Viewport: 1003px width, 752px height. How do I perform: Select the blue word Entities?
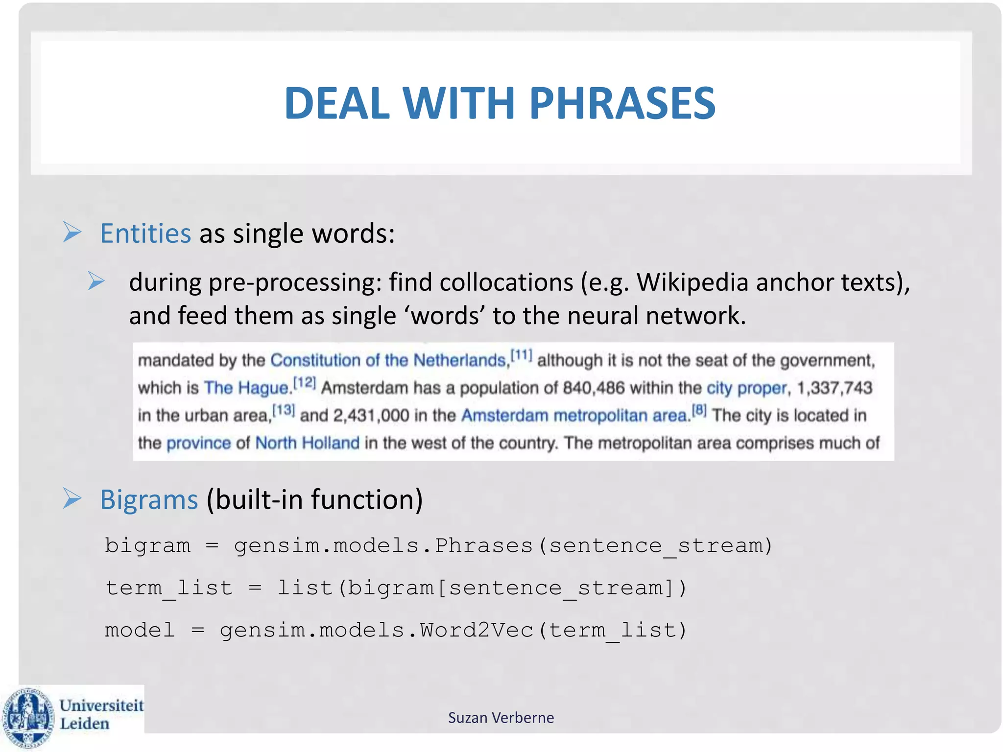(x=145, y=233)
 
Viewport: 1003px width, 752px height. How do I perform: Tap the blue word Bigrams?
(x=149, y=500)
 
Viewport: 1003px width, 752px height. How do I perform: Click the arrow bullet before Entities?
(x=72, y=232)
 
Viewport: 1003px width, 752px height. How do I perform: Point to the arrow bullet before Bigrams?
(x=72, y=498)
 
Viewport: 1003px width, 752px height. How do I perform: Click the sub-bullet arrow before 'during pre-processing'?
(x=96, y=281)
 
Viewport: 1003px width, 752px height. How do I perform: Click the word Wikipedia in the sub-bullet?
(x=693, y=282)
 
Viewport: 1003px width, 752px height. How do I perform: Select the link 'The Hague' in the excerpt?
(x=246, y=388)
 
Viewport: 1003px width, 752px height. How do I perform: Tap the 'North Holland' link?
(x=307, y=443)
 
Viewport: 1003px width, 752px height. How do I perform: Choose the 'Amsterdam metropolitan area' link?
(x=575, y=416)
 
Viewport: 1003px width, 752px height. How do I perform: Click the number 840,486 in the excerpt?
(x=594, y=388)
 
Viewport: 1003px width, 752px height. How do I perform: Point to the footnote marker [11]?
(x=521, y=355)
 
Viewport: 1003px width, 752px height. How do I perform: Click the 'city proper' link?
(x=746, y=388)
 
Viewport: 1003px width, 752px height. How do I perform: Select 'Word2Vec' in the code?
(x=476, y=630)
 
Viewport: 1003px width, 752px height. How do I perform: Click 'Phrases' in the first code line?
(x=484, y=545)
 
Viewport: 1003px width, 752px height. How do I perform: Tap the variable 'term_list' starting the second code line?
(x=169, y=588)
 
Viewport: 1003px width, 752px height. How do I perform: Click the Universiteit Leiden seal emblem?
(x=28, y=718)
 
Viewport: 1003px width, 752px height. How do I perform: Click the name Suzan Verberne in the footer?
(x=501, y=718)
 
